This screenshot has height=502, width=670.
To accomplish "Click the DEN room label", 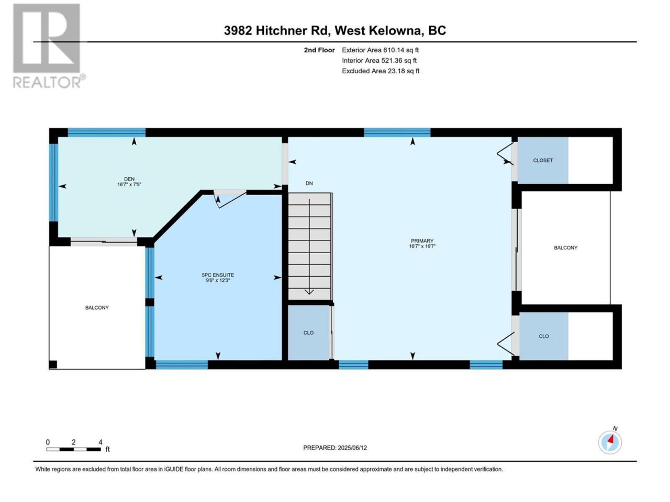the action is pyautogui.click(x=129, y=179).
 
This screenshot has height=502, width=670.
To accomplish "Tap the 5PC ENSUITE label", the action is pyautogui.click(x=218, y=275).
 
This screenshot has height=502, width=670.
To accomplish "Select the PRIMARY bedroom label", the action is pyautogui.click(x=422, y=241).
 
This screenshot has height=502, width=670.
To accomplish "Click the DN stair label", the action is pyautogui.click(x=309, y=183).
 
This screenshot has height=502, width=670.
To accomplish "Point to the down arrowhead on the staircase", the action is pyautogui.click(x=309, y=292).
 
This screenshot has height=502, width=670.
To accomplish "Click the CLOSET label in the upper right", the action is pyautogui.click(x=543, y=161).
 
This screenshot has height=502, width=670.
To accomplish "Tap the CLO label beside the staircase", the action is pyautogui.click(x=308, y=333).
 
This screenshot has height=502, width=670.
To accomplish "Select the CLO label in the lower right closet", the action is pyautogui.click(x=544, y=336).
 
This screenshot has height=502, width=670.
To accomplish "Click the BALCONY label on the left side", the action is pyautogui.click(x=97, y=307).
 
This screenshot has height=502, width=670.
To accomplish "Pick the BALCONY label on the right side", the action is pyautogui.click(x=566, y=248).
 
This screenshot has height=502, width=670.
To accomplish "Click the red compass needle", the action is pyautogui.click(x=610, y=440).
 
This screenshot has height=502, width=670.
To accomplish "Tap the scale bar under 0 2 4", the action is pyautogui.click(x=74, y=449).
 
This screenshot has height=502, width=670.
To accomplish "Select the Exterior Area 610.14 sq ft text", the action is pyautogui.click(x=381, y=50).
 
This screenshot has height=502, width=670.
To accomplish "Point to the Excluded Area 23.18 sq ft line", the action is pyautogui.click(x=381, y=71).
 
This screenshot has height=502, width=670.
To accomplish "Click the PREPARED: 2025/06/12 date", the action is pyautogui.click(x=335, y=448).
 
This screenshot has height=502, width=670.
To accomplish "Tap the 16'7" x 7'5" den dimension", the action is pyautogui.click(x=129, y=185).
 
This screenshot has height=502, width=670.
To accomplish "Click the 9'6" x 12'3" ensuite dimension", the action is pyautogui.click(x=218, y=280).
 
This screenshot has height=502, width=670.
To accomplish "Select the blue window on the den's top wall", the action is pyautogui.click(x=107, y=133).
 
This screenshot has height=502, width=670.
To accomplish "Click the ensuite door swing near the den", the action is pyautogui.click(x=230, y=199).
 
